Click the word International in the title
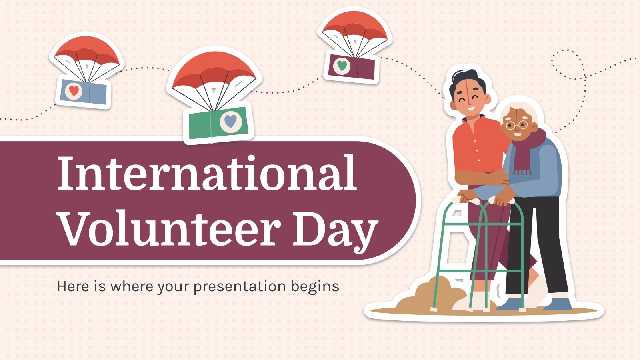point(207,173)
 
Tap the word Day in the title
point(334,232)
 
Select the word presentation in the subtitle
point(240,286)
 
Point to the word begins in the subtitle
point(315,286)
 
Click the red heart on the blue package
point(74,90)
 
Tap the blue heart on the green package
point(230,121)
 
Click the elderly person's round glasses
point(517,125)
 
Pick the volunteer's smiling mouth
point(472,108)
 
